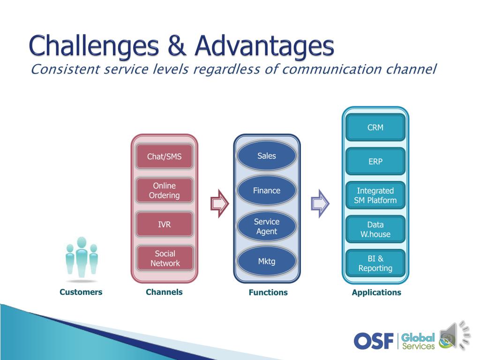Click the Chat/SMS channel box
165,157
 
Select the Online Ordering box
165,190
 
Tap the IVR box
165,225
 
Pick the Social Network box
165,258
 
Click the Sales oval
267,156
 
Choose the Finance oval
267,190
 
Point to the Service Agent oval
267,226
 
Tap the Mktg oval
267,261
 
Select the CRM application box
375,127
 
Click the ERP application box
375,161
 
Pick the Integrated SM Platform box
375,195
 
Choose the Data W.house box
375,229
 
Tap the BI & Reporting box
375,263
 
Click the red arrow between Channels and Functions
219,203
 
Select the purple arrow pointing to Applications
320,203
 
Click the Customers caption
81,292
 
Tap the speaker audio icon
455,335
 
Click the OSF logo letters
374,341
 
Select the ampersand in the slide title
177,46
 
